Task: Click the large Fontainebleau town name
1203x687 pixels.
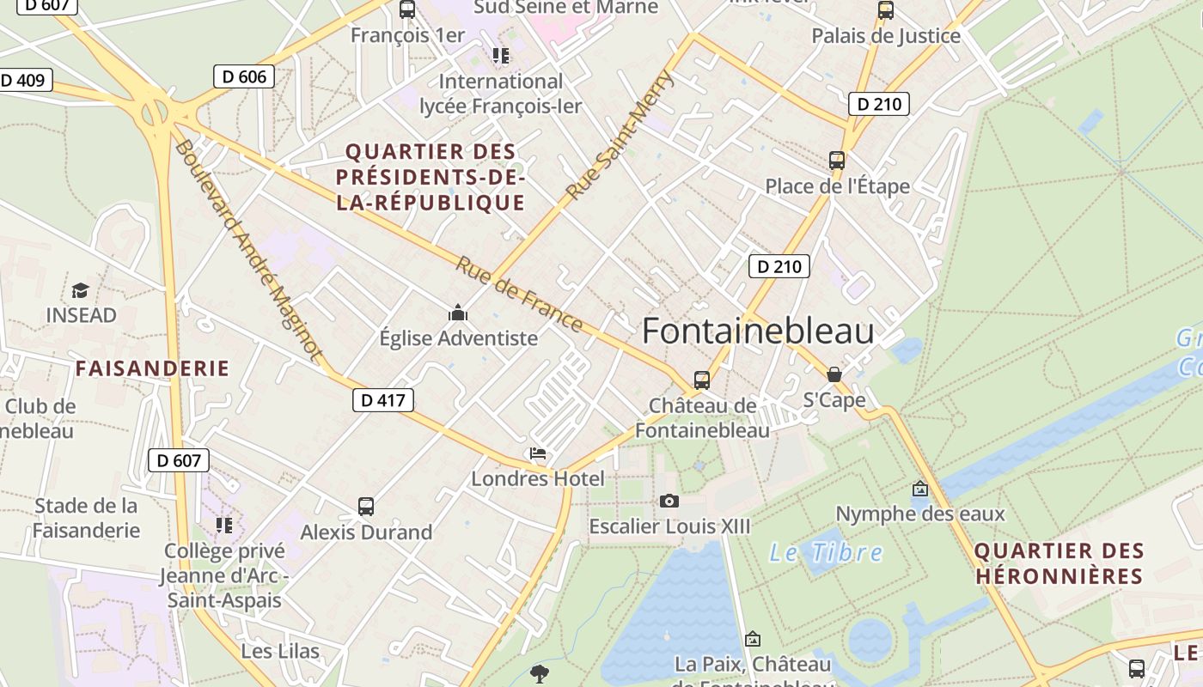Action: (x=758, y=331)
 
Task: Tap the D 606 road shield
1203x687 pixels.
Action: (x=244, y=76)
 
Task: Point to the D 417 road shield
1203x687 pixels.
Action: (x=383, y=399)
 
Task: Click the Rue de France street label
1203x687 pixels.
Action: (x=520, y=295)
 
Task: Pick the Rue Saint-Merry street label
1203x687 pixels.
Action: (x=621, y=135)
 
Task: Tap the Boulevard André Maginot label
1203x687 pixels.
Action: (x=248, y=248)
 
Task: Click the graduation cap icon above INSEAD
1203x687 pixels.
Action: (x=81, y=291)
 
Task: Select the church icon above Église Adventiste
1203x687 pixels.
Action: (x=458, y=313)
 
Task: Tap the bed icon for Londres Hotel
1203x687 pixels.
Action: (x=538, y=453)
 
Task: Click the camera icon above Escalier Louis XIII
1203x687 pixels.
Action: (x=669, y=501)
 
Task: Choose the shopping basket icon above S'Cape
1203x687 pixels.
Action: (x=834, y=374)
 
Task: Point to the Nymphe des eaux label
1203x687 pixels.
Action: (x=920, y=514)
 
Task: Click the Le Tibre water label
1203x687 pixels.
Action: (x=826, y=552)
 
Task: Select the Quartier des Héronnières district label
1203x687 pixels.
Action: (x=1059, y=563)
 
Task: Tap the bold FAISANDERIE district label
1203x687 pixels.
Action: (x=152, y=368)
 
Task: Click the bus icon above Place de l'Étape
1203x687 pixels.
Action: (x=837, y=161)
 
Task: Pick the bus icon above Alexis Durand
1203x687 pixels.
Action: (x=366, y=507)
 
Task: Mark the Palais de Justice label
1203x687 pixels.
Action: (x=886, y=36)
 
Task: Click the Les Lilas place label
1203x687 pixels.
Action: (x=280, y=651)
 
